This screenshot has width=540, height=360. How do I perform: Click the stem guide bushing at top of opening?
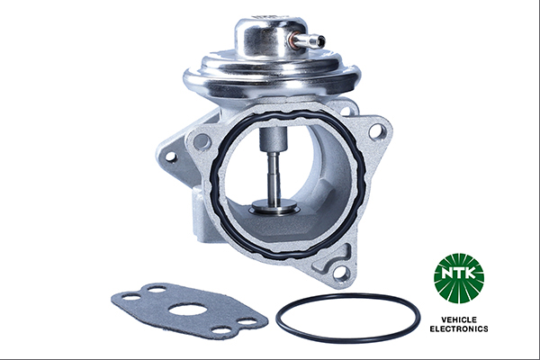click(272, 140)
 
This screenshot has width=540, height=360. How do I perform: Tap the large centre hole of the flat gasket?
click(188, 310)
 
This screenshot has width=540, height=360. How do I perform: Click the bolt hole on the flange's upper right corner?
click(375, 131)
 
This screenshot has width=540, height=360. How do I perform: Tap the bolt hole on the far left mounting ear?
click(169, 156)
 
